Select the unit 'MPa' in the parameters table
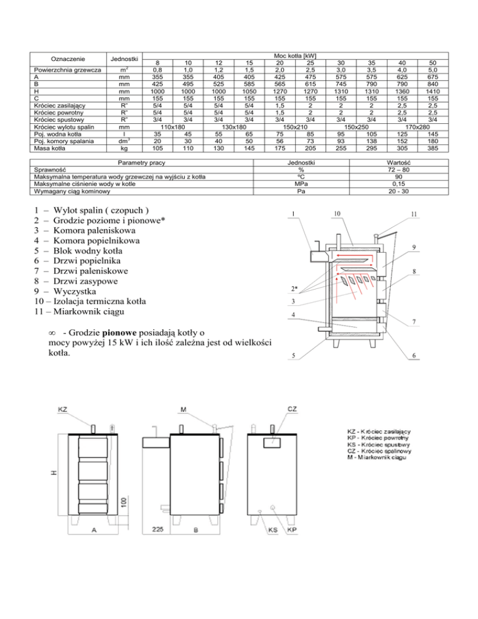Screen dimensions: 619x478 click(302, 184)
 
